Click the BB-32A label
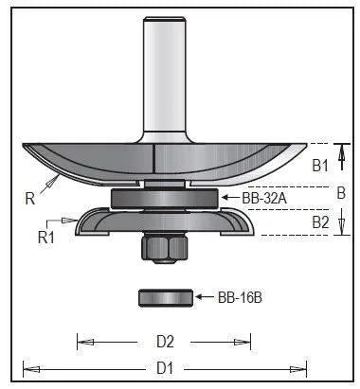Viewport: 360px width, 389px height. pyautogui.click(x=264, y=199)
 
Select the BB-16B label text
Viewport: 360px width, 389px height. pyautogui.click(x=240, y=297)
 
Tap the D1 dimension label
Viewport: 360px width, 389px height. pyautogui.click(x=165, y=368)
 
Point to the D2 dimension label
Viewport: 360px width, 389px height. pyautogui.click(x=165, y=342)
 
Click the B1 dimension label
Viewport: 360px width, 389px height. pyautogui.click(x=320, y=166)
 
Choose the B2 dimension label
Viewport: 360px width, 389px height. pyautogui.click(x=321, y=222)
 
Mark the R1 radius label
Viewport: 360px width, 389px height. pyautogui.click(x=46, y=238)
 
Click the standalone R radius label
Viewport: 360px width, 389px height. pyautogui.click(x=30, y=199)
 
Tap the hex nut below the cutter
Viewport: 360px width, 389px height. pyautogui.click(x=165, y=248)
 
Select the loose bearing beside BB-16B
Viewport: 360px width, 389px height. pyautogui.click(x=166, y=297)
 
